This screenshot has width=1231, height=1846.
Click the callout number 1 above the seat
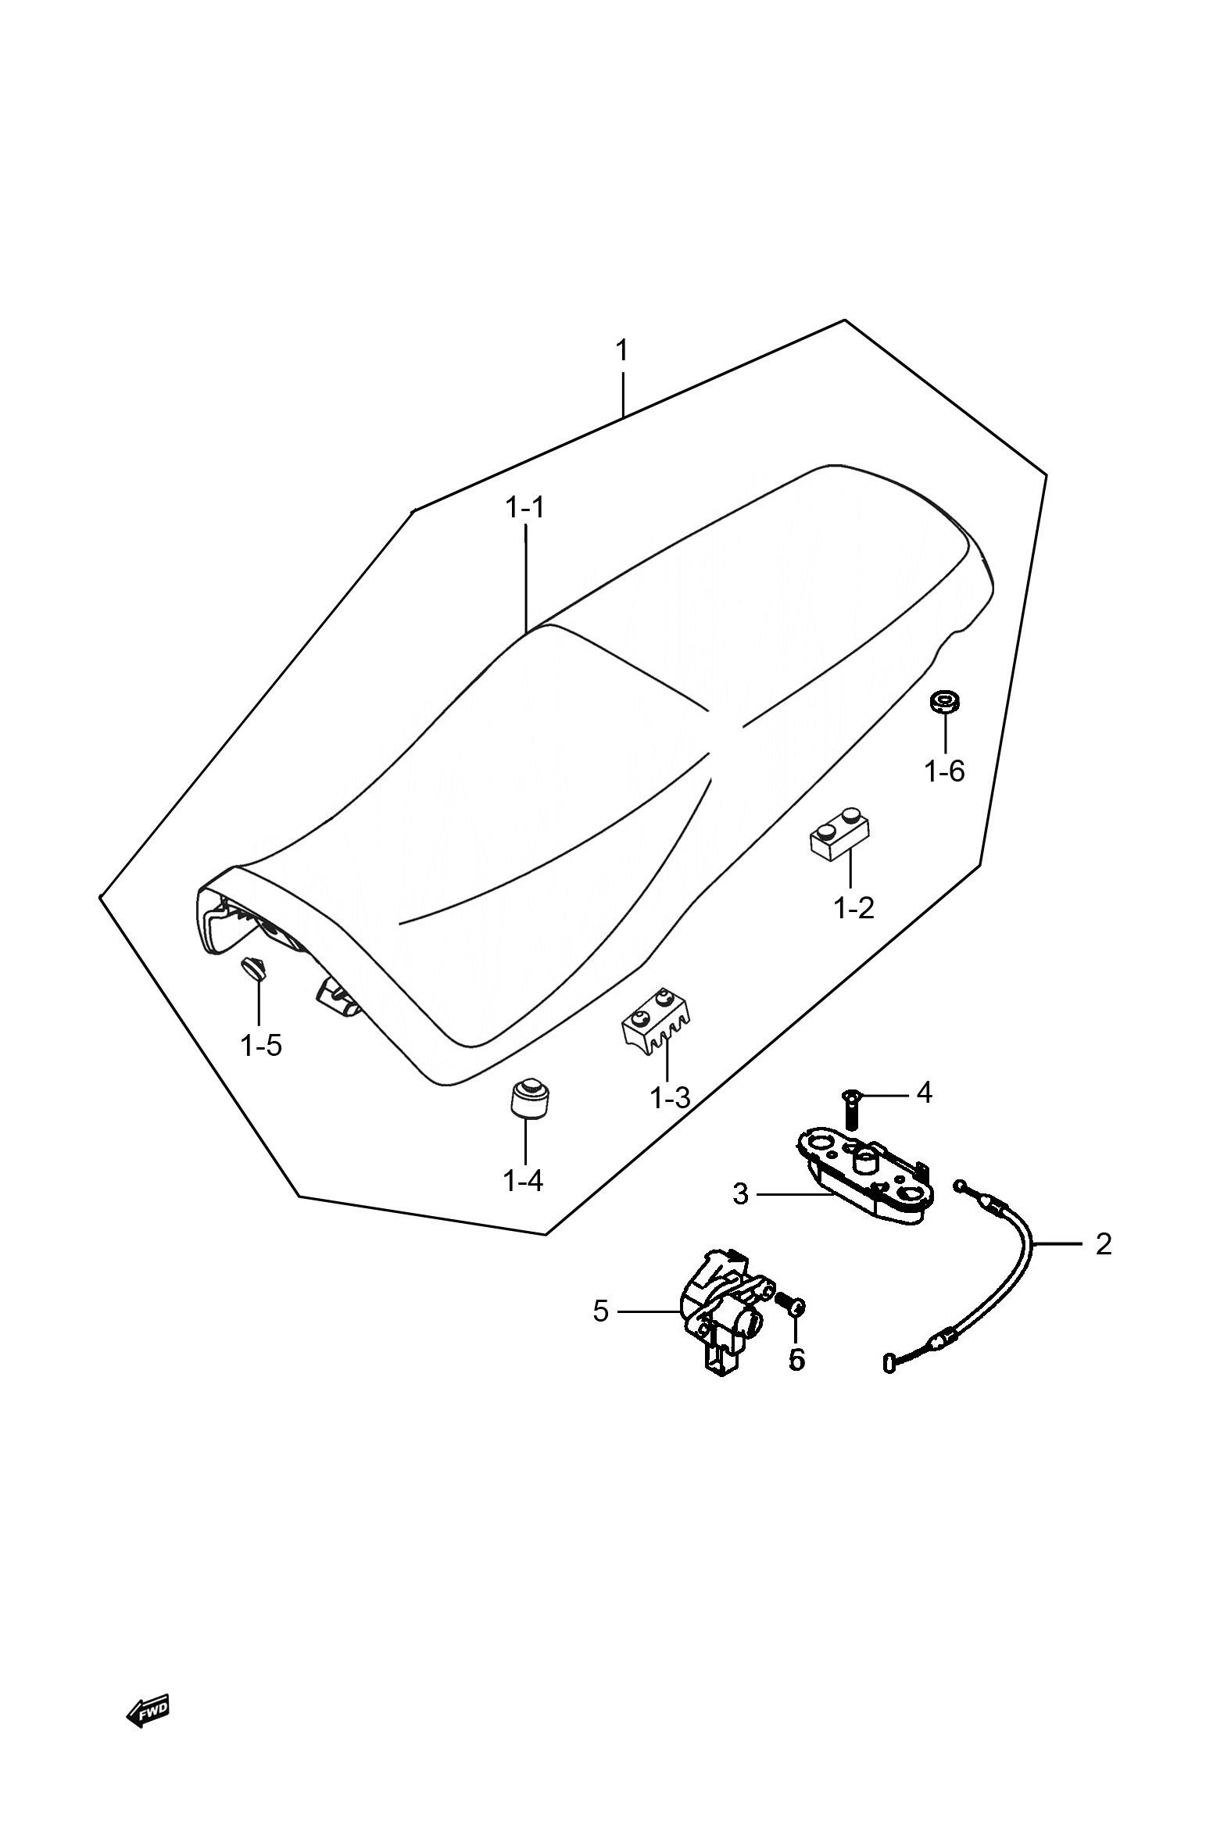pyautogui.click(x=622, y=351)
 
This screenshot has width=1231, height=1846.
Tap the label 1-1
pyautogui.click(x=524, y=508)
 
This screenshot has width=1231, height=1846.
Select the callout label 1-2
pyautogui.click(x=853, y=908)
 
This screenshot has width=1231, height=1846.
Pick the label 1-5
pyautogui.click(x=260, y=1045)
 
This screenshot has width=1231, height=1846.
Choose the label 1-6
pyautogui.click(x=944, y=771)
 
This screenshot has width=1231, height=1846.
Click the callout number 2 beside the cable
pyautogui.click(x=1103, y=1244)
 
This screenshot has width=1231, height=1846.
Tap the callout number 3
pyautogui.click(x=740, y=1194)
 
